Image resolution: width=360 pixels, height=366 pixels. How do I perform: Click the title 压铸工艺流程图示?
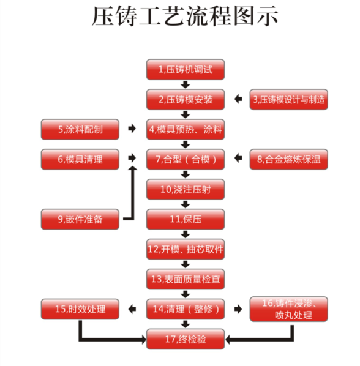(185, 16)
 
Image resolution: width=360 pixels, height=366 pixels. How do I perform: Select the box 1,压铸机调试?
(186, 70)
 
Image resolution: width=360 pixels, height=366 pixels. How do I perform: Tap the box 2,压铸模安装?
(186, 99)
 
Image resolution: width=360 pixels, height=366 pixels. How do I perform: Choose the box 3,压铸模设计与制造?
(289, 99)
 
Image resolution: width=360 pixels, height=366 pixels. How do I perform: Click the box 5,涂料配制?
(80, 129)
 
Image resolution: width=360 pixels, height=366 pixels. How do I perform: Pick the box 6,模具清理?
(80, 159)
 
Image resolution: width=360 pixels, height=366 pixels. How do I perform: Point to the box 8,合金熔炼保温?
(289, 159)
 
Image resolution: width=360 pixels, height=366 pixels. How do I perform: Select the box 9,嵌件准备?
(80, 219)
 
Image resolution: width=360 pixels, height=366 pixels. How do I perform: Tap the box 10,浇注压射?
(186, 189)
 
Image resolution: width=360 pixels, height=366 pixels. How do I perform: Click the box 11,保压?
(186, 219)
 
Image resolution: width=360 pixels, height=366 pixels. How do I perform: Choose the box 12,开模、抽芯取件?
(186, 249)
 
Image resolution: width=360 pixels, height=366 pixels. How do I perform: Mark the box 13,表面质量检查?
(186, 279)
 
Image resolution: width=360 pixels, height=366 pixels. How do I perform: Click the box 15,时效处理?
(80, 309)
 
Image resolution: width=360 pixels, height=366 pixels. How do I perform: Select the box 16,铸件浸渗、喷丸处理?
(289, 309)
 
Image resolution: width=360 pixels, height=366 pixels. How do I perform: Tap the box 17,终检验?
(186, 339)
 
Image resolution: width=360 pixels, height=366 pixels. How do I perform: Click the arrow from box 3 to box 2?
(238, 99)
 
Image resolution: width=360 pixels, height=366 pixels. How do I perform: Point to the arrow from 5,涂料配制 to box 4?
(132, 129)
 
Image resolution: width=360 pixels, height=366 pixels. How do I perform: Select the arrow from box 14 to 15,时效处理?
(132, 309)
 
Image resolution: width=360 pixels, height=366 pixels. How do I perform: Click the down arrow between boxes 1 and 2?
(186, 84)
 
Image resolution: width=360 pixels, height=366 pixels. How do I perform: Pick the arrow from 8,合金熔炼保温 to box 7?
(238, 158)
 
